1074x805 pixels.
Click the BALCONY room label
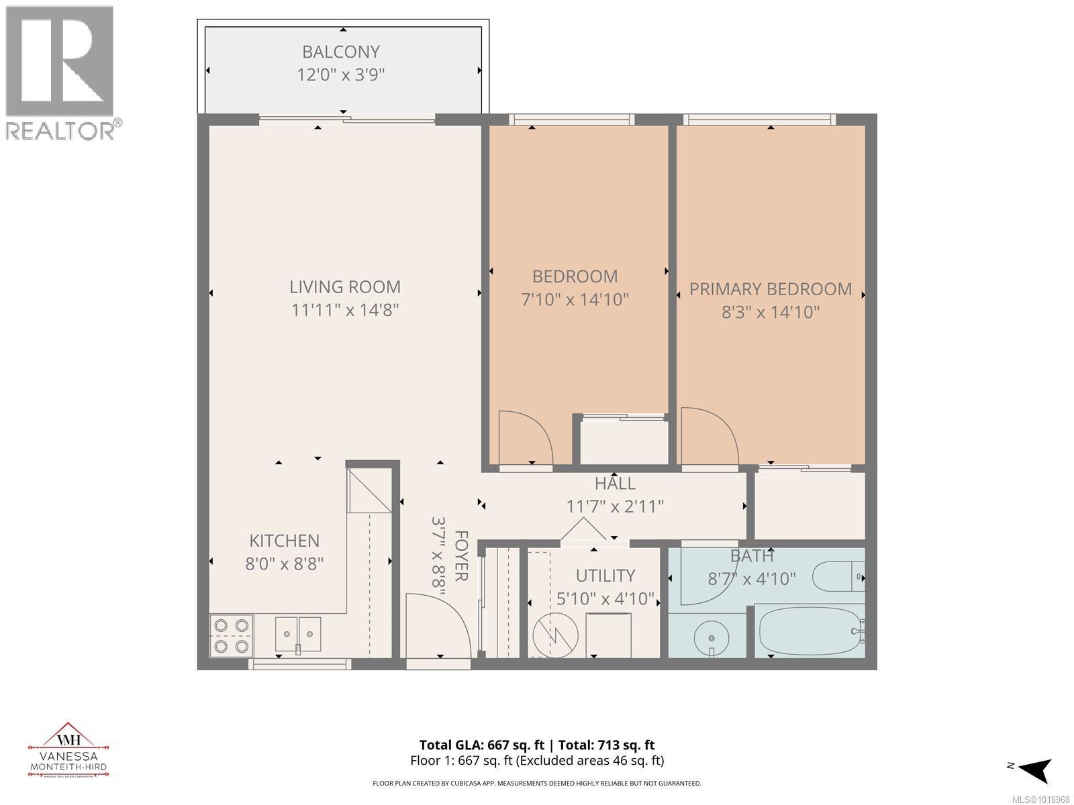341,52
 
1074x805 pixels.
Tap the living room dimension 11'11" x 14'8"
345,310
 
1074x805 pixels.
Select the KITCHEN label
284,541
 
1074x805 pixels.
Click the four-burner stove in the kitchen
231,635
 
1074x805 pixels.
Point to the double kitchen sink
298,634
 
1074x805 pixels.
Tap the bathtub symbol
809,631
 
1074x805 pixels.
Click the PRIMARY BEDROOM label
771,289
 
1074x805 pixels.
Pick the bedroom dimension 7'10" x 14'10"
575,299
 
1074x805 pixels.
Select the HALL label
615,483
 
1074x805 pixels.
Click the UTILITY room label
605,576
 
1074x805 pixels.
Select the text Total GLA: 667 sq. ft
479,745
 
